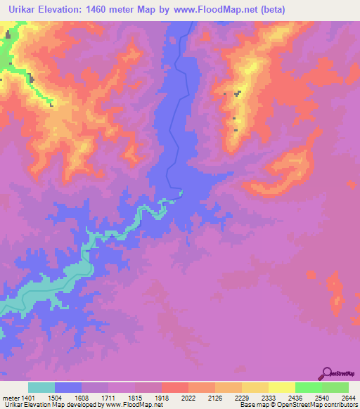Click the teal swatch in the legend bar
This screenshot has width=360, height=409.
coord(41,388)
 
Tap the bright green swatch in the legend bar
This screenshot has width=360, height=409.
coord(308,388)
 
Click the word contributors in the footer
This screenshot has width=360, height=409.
coord(340,405)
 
